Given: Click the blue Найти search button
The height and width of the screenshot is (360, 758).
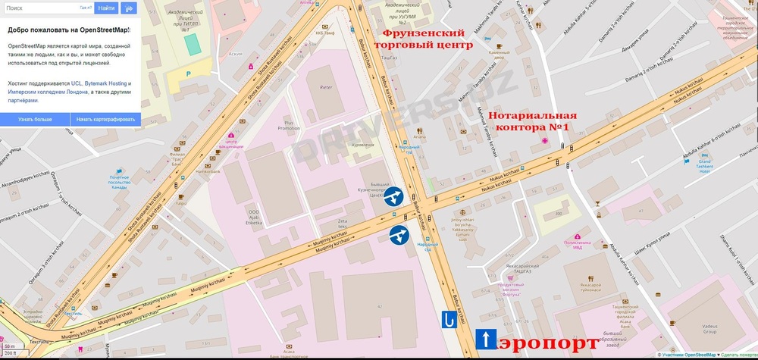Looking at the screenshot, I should coord(107,8).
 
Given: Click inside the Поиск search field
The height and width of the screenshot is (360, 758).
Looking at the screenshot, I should coord(42,8).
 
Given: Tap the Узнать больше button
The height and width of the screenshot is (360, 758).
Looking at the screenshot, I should coord(35,119).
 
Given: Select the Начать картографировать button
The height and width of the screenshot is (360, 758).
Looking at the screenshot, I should coord(105,119).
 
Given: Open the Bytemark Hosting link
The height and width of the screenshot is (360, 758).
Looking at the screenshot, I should coord(105,83).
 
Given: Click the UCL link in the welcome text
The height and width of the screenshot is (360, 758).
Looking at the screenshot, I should coord(77,83).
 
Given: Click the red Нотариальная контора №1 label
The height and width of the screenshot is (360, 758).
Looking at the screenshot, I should coord(532,121).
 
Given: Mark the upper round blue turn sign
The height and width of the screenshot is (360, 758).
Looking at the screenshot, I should coord(393,199).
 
